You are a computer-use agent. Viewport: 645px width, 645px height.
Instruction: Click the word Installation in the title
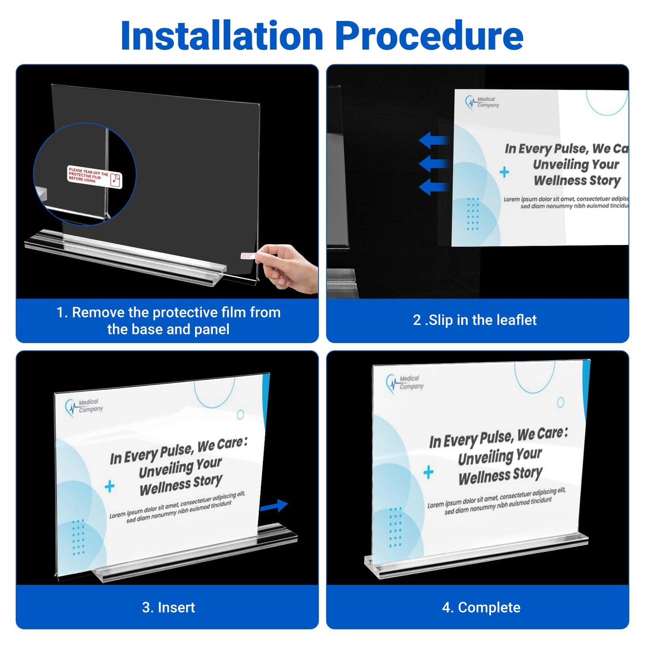pos(221,36)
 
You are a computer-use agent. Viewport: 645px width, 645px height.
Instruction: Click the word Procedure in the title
pos(429,36)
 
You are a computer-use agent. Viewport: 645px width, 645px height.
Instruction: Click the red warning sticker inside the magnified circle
pos(94,177)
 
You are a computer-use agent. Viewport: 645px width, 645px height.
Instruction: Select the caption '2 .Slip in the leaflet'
pos(474,320)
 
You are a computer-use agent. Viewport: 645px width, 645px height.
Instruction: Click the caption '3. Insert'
pos(168,608)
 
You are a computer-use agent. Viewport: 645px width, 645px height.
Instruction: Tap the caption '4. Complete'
pos(481,608)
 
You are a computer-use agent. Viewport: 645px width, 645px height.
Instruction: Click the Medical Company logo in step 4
pos(404,383)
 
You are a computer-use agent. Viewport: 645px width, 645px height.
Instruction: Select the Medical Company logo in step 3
pos(84,406)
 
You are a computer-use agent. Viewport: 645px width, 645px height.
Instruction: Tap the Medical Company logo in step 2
pos(482,103)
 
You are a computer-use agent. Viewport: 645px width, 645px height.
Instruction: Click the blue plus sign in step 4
pos(428,472)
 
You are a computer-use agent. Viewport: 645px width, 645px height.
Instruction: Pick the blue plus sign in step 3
pos(109,486)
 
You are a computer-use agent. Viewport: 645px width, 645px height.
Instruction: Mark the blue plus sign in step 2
pos(504,172)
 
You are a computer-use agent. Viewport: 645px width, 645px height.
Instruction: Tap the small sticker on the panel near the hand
pos(247,256)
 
